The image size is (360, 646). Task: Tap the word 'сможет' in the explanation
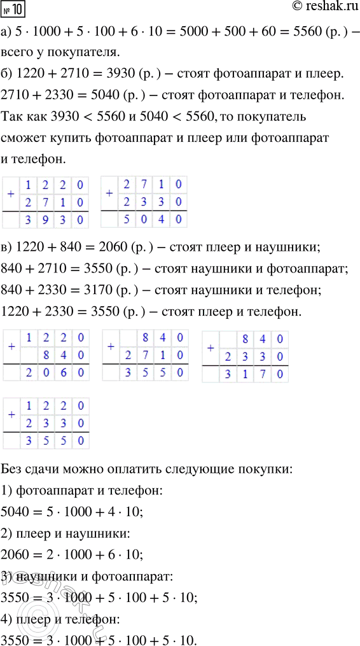pos(23,139)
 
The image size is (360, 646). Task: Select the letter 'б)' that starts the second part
pos(8,74)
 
